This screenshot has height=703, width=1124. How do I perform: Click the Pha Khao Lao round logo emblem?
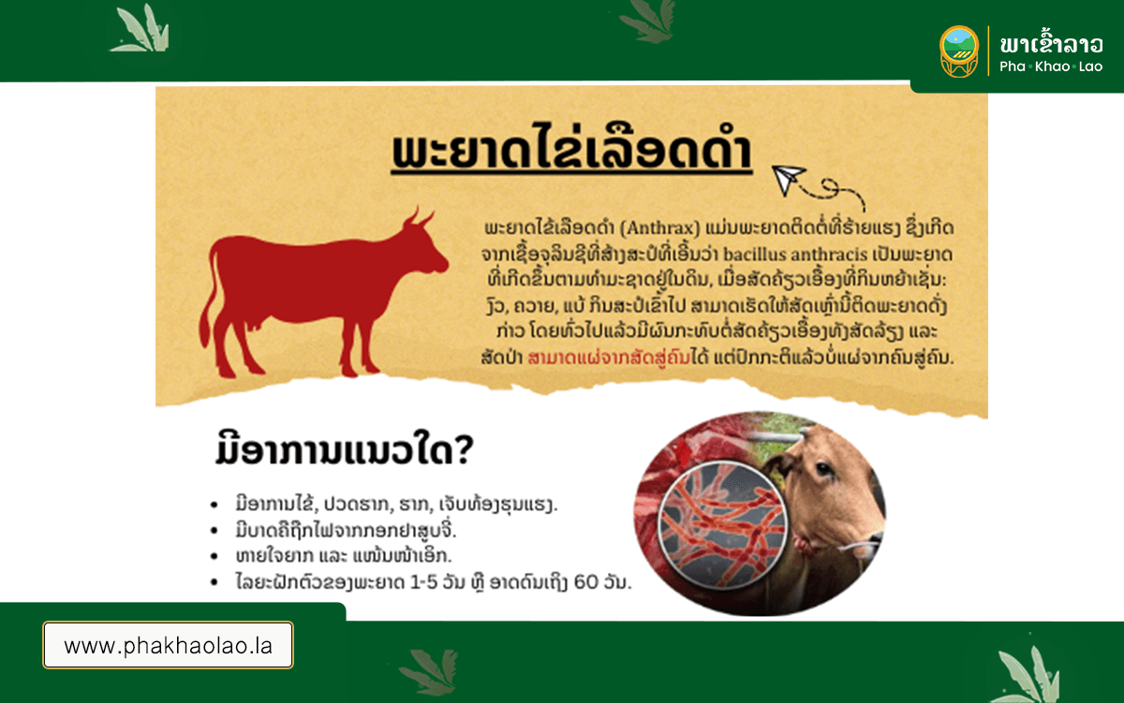958,51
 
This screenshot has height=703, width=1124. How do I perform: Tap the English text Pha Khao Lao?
1051,66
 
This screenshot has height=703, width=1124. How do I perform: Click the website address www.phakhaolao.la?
168,645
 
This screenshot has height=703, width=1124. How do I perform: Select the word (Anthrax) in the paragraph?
659,228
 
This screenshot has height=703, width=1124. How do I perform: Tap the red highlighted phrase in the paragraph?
609,358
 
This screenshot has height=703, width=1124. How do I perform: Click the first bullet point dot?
214,505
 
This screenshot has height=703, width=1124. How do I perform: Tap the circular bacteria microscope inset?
722,524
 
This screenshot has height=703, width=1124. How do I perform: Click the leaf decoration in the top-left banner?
140,29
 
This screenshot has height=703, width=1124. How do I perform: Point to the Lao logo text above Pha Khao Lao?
1051,43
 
